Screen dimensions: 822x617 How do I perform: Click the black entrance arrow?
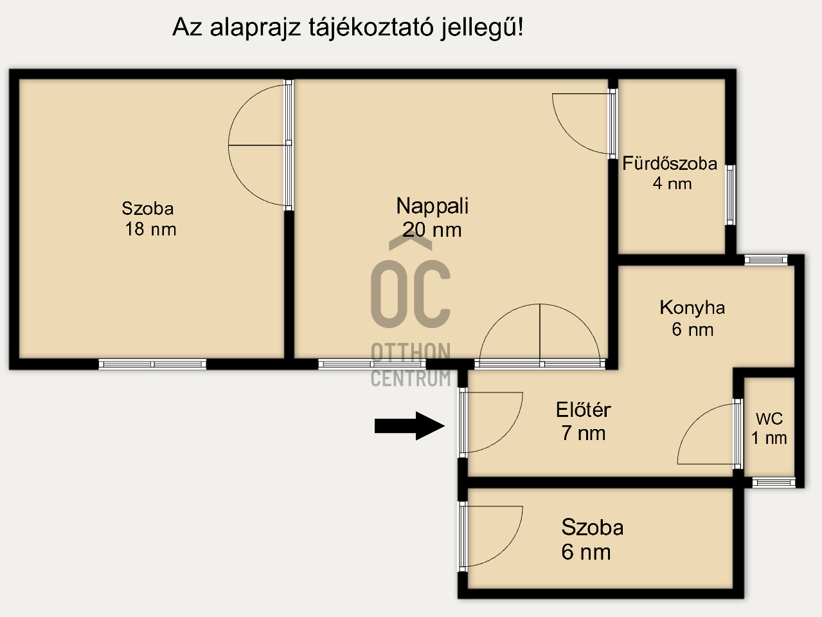coord(409,426)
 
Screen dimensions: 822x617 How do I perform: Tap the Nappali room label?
coord(432,206)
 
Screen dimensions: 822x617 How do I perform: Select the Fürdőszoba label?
coord(670,163)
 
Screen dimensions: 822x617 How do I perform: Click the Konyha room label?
coord(692,308)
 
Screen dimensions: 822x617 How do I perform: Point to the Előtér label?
coord(583,410)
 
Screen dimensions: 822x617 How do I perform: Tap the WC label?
coord(769,419)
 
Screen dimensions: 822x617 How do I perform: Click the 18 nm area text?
coord(150,229)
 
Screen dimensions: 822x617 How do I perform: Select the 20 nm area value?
coord(432,230)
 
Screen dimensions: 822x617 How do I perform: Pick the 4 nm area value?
coord(672,183)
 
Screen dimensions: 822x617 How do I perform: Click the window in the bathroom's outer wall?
coord(730,195)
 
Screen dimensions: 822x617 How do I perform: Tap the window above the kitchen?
coord(766,260)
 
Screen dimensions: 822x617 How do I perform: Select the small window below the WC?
coord(774,483)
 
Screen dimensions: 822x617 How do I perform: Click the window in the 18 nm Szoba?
coord(152,364)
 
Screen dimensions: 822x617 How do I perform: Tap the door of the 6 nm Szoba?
coord(463,537)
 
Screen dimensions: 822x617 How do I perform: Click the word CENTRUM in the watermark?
coord(411,378)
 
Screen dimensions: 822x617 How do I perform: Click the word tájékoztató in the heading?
coord(371,28)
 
